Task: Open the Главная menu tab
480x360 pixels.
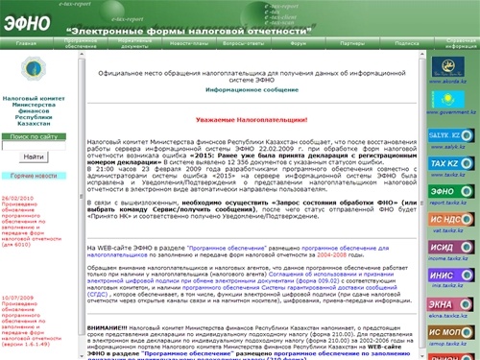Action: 26,44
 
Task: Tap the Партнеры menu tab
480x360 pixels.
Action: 351,44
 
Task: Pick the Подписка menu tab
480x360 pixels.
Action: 407,44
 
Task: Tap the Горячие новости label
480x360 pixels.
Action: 33,177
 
